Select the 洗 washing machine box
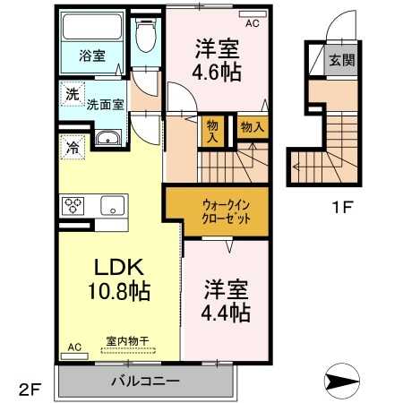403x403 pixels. click(x=71, y=91)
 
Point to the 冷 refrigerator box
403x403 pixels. click(x=71, y=148)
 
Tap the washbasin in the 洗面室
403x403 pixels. click(x=108, y=139)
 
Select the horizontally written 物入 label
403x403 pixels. click(x=253, y=128)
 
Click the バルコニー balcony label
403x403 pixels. click(x=145, y=381)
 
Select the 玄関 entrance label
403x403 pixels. click(x=341, y=62)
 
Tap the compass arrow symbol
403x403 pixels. click(x=344, y=383)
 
